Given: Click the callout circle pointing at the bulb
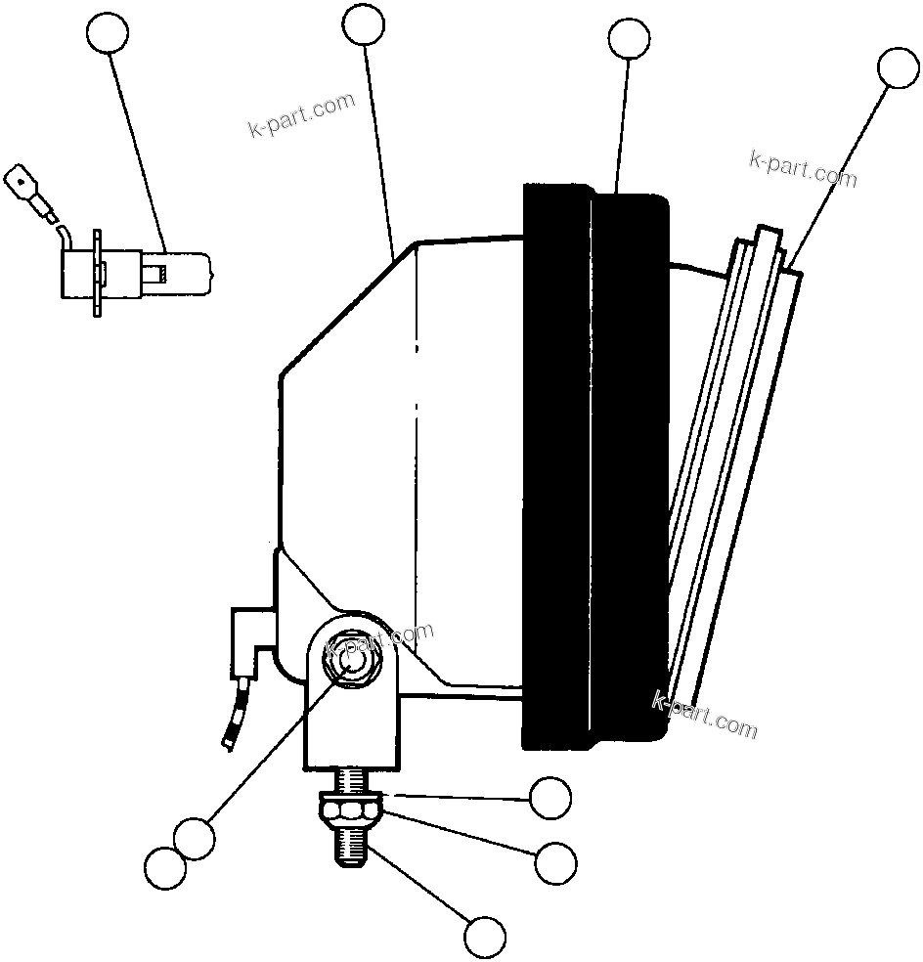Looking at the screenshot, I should pos(108,35).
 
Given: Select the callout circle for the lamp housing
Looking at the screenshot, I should pos(365,25).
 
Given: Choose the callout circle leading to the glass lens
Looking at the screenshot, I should pos(899,67).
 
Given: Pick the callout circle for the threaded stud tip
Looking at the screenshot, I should pos(485,938).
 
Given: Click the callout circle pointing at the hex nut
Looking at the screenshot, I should pos(555,862).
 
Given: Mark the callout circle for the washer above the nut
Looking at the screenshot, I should pos(549,798).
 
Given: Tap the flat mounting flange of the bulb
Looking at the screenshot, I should pos(98,273).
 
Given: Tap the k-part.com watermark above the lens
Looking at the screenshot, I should pos(802,168).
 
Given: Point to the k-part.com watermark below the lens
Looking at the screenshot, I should pos(704,715).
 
